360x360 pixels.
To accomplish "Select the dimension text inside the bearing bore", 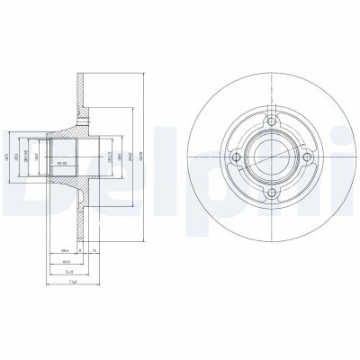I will click(x=63, y=162).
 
